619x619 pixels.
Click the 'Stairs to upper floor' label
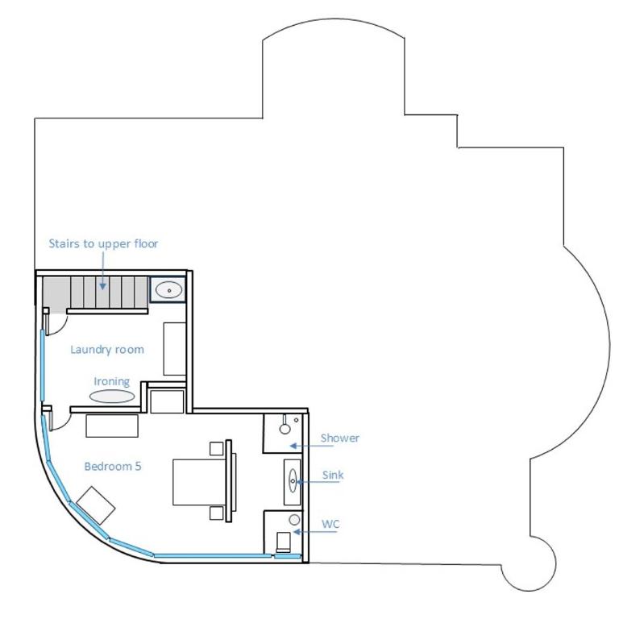pyautogui.click(x=103, y=243)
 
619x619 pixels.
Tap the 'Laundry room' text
pyautogui.click(x=107, y=349)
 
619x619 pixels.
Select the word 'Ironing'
pyautogui.click(x=112, y=382)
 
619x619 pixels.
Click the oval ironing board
pyautogui.click(x=112, y=396)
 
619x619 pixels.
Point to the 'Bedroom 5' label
pyautogui.click(x=113, y=466)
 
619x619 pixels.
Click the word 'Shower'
pyautogui.click(x=340, y=438)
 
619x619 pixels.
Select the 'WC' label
pyautogui.click(x=330, y=524)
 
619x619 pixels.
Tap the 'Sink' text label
pyautogui.click(x=333, y=475)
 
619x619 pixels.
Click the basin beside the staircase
pyautogui.click(x=169, y=290)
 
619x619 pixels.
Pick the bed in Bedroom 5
pyautogui.click(x=199, y=482)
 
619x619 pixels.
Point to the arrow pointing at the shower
pyautogui.click(x=311, y=446)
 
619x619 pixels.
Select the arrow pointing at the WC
pyautogui.click(x=315, y=532)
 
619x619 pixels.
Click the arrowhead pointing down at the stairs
pyautogui.click(x=102, y=286)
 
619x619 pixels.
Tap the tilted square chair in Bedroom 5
pyautogui.click(x=96, y=505)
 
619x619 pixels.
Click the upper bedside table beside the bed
pyautogui.click(x=216, y=448)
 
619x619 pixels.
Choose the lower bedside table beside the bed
pyautogui.click(x=216, y=513)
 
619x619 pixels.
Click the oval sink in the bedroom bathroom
pyautogui.click(x=293, y=480)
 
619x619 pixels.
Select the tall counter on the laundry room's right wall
pyautogui.click(x=174, y=348)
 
